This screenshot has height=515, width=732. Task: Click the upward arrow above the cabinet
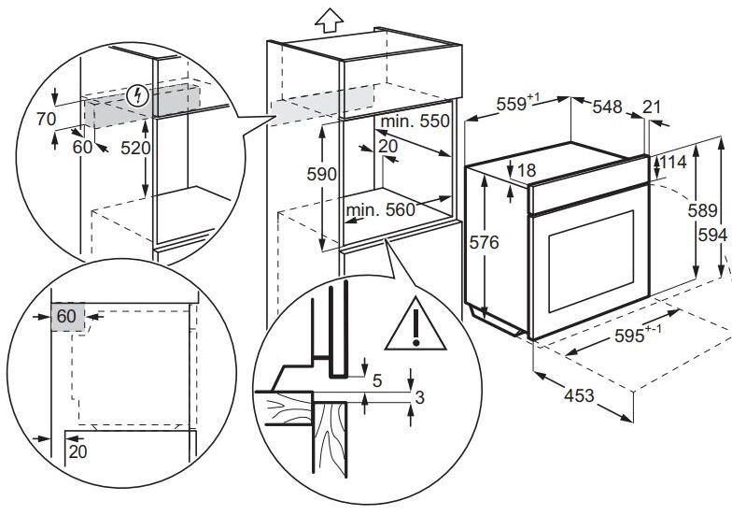[x=329, y=21]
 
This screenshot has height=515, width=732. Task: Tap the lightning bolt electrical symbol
[x=138, y=96]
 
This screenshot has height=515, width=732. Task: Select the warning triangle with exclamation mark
[x=415, y=324]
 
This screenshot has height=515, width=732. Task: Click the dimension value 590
[x=321, y=174]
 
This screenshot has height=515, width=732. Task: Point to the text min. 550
[x=415, y=122]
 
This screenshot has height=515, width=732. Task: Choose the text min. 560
[x=381, y=210]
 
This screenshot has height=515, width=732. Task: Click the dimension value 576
[x=484, y=243]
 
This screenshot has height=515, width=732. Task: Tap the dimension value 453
[x=579, y=396]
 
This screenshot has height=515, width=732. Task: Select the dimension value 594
[x=713, y=236]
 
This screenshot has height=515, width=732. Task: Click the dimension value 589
[x=702, y=211]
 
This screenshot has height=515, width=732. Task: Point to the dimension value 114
[x=673, y=163]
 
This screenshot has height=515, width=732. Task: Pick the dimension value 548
[x=607, y=107]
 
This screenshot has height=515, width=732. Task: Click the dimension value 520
[x=136, y=148]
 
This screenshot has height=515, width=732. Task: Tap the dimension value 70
[x=47, y=120]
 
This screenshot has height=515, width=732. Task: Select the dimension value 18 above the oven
[x=527, y=170]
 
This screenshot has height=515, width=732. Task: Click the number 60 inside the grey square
[x=66, y=316]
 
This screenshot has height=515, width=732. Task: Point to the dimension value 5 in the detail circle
[x=377, y=381]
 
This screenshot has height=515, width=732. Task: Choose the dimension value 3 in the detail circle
[x=420, y=398]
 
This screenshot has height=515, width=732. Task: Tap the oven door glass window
[x=591, y=262]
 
